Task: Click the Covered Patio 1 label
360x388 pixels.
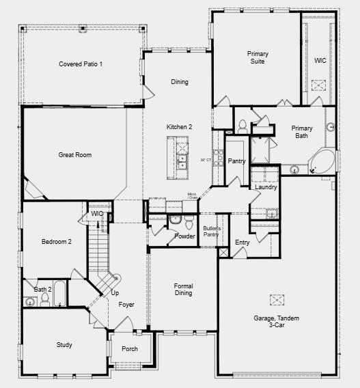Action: (81, 64)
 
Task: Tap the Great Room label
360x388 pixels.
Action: (74, 155)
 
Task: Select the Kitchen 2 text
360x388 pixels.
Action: (180, 127)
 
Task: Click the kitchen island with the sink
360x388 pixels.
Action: (182, 153)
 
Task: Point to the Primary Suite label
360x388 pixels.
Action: (258, 57)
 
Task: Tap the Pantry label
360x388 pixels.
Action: (237, 161)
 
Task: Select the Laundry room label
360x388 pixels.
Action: (266, 187)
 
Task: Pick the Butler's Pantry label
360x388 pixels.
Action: (212, 232)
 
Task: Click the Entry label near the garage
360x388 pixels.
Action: (243, 242)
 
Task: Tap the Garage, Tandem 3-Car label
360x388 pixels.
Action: (277, 322)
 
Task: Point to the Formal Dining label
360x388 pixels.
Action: (183, 290)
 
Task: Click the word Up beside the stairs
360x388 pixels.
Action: (115, 293)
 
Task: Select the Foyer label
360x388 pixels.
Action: (126, 305)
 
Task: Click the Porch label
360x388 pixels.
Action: (130, 349)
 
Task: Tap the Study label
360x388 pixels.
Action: (64, 345)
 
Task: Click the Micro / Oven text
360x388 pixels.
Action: (193, 197)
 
